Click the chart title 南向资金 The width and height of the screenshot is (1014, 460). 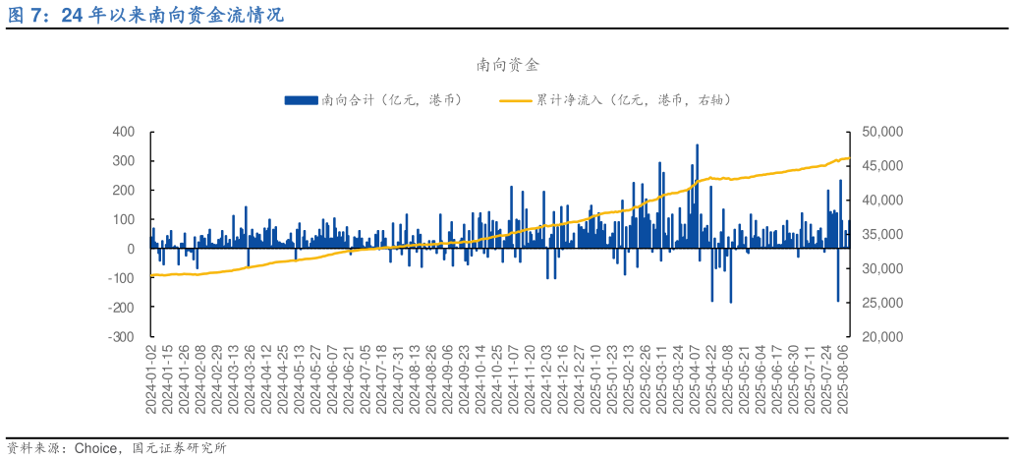[507, 65]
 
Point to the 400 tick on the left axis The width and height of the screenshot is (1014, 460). [124, 132]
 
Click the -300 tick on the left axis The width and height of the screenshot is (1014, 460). [122, 337]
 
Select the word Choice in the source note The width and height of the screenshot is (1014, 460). [94, 448]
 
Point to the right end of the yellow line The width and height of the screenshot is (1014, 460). [848, 158]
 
